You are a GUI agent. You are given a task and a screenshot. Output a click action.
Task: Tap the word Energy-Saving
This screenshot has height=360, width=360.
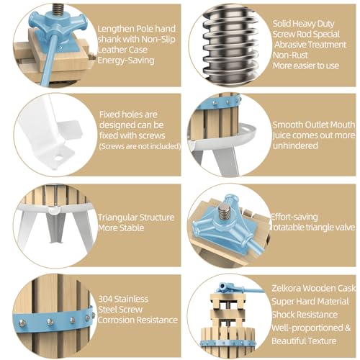point(126,60)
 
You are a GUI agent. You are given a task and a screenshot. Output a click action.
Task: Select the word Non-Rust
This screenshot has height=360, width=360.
point(290,55)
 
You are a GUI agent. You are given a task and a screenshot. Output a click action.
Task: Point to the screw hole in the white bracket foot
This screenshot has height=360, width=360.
point(58,158)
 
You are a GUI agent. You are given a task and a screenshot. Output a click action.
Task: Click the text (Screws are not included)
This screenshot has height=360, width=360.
point(140,146)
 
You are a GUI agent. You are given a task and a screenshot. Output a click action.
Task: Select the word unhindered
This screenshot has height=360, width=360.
point(295,145)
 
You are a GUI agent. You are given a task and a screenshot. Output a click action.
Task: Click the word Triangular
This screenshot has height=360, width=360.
point(117,217)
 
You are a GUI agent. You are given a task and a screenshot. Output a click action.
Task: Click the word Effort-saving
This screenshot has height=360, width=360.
point(294,217)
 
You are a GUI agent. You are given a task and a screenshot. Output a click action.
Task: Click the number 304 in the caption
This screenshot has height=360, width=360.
point(105,299)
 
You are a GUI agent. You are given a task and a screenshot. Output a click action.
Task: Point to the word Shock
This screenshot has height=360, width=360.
point(283,315)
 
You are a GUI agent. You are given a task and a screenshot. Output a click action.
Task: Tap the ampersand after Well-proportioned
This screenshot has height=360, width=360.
point(348,328)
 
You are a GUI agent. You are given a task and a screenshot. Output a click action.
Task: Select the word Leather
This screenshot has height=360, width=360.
point(110,50)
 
